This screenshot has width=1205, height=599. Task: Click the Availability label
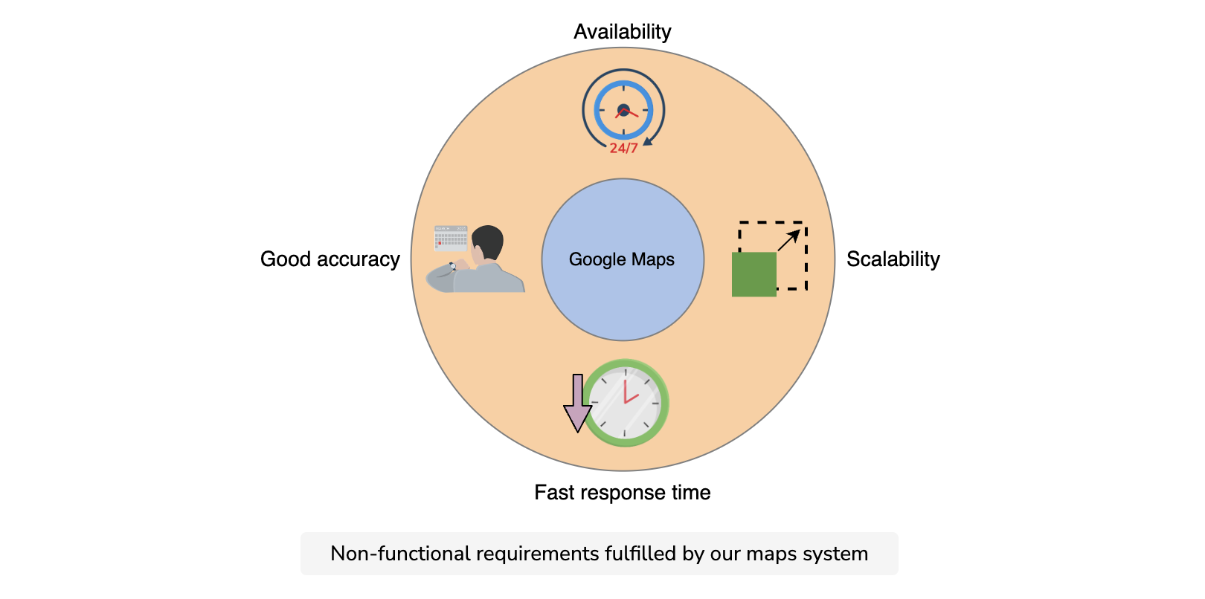(x=623, y=32)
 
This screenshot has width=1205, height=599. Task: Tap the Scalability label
(x=893, y=259)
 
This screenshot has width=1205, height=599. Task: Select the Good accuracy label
(x=330, y=259)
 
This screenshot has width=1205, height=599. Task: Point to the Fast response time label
(x=623, y=493)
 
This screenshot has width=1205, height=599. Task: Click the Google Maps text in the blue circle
(x=621, y=259)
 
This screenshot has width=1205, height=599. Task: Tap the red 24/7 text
(x=623, y=149)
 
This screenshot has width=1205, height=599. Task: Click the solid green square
(x=753, y=274)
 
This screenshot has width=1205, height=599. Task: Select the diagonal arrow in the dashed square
(x=788, y=240)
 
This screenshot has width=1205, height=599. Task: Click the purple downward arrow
(x=578, y=403)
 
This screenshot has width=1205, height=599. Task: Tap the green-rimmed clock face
(x=626, y=403)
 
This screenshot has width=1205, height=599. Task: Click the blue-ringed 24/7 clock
(x=623, y=110)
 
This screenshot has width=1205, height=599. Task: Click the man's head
(x=487, y=244)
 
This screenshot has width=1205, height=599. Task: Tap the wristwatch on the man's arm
(x=453, y=265)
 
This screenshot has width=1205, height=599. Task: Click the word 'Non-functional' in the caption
(x=400, y=554)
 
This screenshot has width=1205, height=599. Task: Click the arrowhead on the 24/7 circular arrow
(x=648, y=141)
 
